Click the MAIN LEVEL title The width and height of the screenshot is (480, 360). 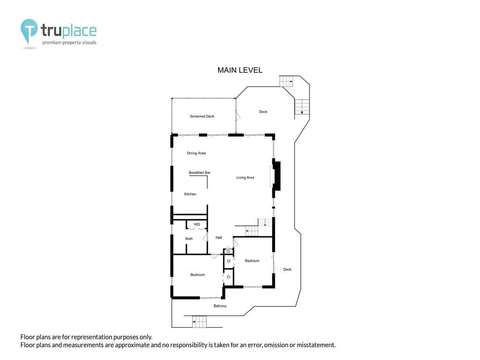[240, 70]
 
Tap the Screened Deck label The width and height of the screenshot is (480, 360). [202, 116]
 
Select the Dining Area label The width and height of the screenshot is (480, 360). [196, 153]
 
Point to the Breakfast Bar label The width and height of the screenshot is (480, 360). [200, 172]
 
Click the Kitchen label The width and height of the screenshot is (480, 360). [190, 194]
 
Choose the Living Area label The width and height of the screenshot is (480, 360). [245, 178]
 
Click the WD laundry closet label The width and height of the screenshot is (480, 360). [197, 225]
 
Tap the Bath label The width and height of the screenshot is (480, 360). [189, 239]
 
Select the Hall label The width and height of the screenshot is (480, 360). [218, 238]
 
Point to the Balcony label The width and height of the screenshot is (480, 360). [220, 306]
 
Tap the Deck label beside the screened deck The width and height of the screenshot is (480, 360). [263, 112]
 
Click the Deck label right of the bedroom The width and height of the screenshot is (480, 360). [287, 270]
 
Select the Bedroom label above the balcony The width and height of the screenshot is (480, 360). [198, 275]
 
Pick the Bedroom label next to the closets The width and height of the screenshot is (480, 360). [252, 261]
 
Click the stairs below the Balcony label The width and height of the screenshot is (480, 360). [200, 322]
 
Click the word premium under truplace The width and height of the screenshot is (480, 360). [52, 43]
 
